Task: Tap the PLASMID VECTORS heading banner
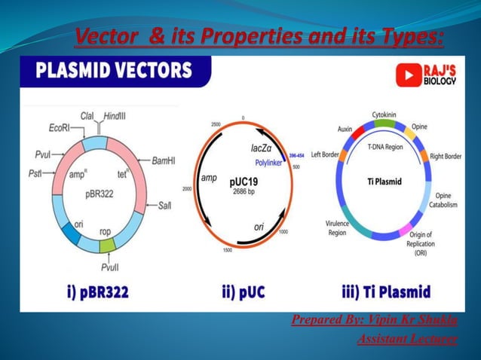pos(111,72)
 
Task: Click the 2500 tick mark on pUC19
pos(216,123)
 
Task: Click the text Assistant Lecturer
pos(407,340)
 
